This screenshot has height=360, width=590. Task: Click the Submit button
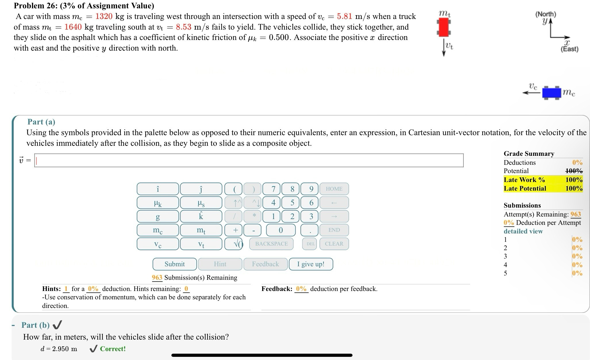(175, 264)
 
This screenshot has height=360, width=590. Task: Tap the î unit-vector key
(158, 189)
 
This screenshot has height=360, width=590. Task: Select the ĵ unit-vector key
(201, 189)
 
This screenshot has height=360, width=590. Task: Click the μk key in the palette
(158, 203)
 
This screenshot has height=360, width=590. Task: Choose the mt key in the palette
(201, 230)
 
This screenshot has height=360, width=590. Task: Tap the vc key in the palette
(158, 244)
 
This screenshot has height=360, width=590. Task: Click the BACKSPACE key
(271, 244)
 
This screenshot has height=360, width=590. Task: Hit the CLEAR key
(334, 244)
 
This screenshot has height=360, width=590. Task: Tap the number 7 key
(273, 189)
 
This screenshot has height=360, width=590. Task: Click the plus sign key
(235, 230)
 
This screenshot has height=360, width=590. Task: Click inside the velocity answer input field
(249, 160)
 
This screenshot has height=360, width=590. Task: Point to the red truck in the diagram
(444, 27)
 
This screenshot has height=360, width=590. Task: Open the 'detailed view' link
(523, 231)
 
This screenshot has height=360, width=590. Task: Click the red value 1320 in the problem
(104, 16)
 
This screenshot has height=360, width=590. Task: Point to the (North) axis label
(545, 14)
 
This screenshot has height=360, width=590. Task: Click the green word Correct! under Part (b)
(113, 349)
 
